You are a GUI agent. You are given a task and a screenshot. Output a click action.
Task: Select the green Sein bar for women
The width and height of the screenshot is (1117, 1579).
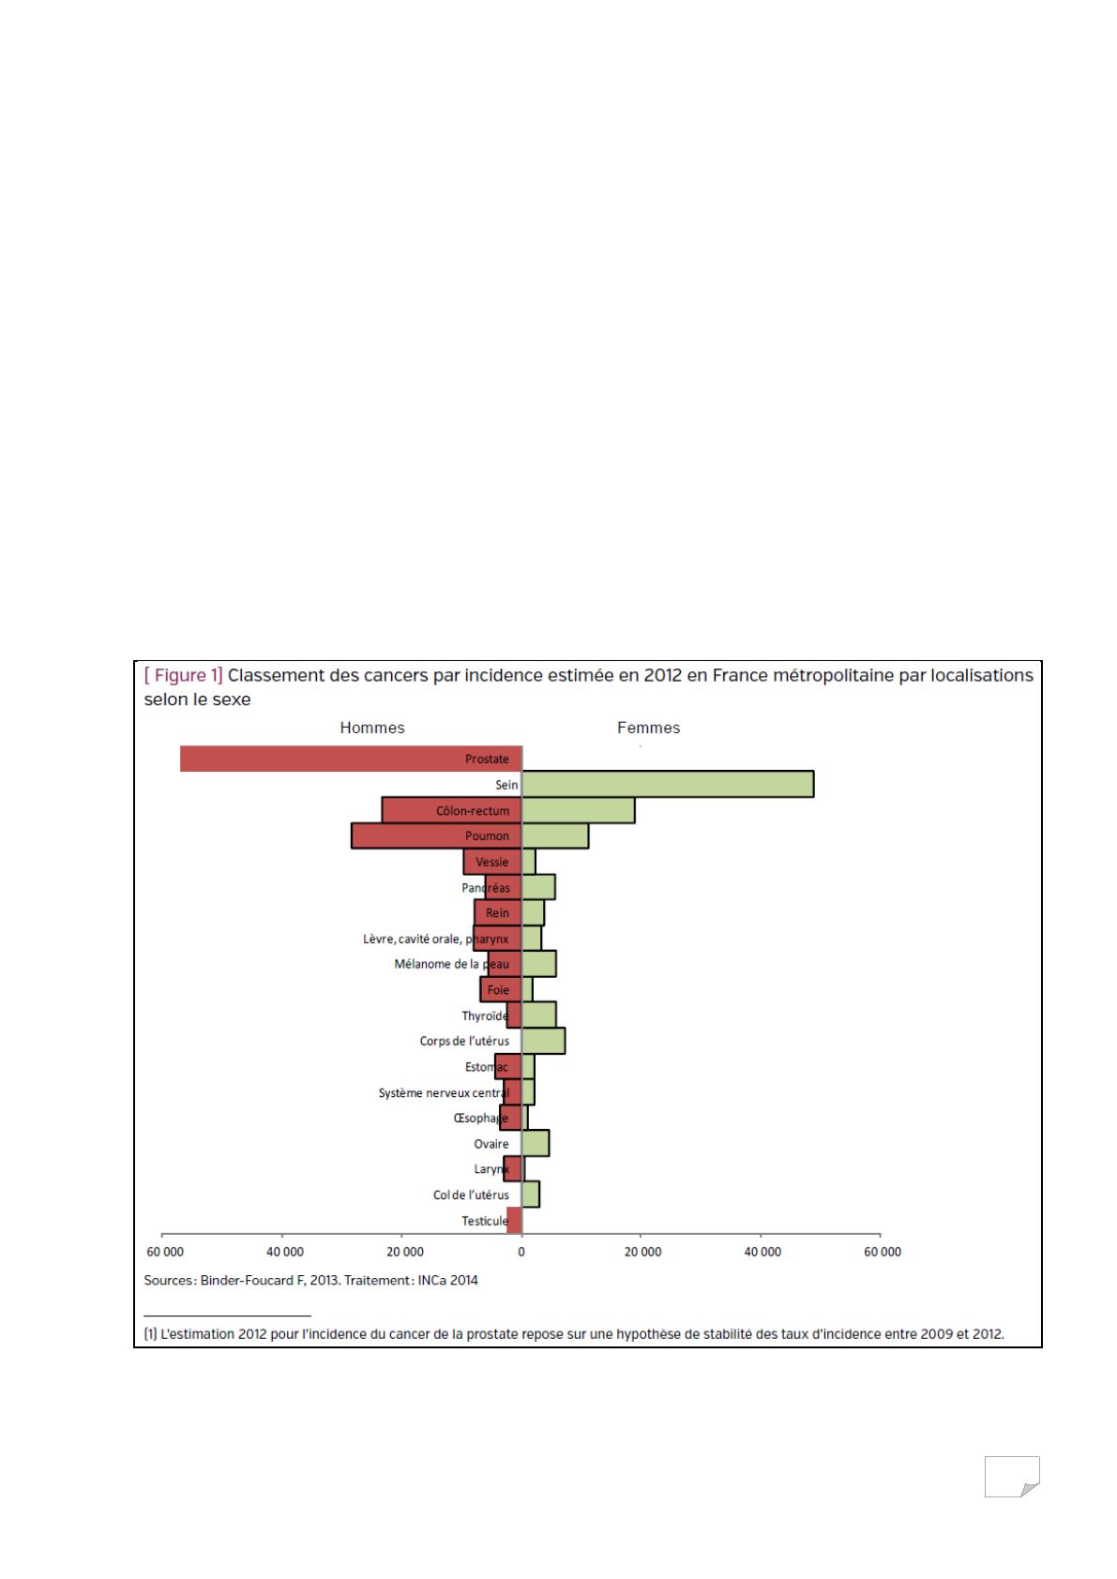click(x=667, y=784)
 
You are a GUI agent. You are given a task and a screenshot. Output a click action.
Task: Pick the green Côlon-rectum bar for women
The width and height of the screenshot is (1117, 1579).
click(x=578, y=810)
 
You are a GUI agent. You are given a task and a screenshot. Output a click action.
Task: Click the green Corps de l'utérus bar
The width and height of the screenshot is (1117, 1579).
click(x=543, y=1041)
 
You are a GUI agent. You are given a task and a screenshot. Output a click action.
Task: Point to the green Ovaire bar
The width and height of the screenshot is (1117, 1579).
click(x=535, y=1143)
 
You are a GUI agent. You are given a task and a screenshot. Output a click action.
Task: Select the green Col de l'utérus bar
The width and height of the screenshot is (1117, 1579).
click(x=530, y=1195)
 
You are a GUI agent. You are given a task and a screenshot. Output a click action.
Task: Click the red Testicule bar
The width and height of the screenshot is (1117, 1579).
click(x=514, y=1220)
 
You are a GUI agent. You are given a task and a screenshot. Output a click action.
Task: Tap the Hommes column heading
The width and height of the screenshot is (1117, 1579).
click(x=372, y=728)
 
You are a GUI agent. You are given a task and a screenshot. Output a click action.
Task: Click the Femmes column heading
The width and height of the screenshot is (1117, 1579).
click(x=648, y=728)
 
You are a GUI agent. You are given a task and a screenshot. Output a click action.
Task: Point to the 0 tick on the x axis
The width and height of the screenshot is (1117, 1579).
click(x=521, y=1252)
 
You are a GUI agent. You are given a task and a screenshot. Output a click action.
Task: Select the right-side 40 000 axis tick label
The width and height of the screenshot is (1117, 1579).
click(x=762, y=1252)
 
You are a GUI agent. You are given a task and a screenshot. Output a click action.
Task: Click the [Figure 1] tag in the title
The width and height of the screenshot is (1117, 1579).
click(x=183, y=675)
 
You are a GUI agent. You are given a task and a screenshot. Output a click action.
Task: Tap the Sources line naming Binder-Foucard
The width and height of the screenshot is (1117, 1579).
click(x=310, y=1280)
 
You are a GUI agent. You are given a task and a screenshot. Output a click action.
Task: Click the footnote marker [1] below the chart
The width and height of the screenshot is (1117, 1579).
click(x=150, y=1334)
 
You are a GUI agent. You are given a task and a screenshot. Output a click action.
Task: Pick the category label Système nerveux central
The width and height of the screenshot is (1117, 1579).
click(x=443, y=1092)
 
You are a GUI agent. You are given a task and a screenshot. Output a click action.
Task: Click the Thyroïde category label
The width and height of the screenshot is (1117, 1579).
click(x=484, y=1015)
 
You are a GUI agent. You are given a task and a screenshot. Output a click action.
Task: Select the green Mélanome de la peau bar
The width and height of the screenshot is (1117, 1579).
click(x=538, y=964)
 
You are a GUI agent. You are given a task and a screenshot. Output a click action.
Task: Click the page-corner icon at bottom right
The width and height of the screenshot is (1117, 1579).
click(x=1012, y=1476)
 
